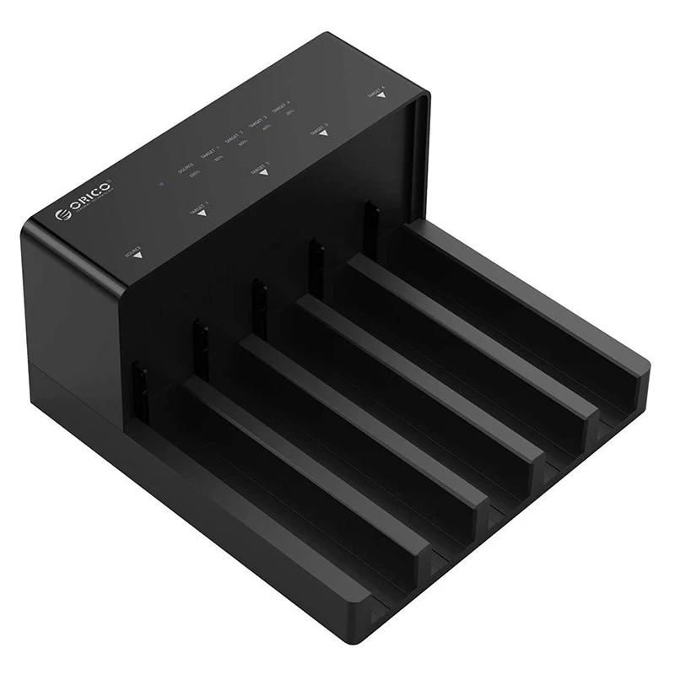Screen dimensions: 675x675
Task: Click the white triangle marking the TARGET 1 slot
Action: [202, 213]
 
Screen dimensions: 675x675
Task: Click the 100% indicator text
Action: [194, 173]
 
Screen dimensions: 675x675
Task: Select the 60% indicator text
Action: [243, 143]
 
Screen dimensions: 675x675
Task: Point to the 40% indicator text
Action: [267, 127]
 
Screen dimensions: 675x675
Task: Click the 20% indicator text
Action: [289, 112]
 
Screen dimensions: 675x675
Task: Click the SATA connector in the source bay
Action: [139, 384]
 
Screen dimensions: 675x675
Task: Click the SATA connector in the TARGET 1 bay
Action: [201, 340]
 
